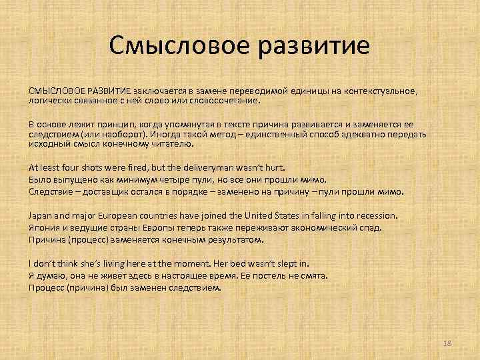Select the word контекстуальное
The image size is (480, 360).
[x=378, y=90]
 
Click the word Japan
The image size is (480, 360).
[x=39, y=215]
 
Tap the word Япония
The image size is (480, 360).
[x=42, y=227]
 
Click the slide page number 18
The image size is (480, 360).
[x=447, y=343]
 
